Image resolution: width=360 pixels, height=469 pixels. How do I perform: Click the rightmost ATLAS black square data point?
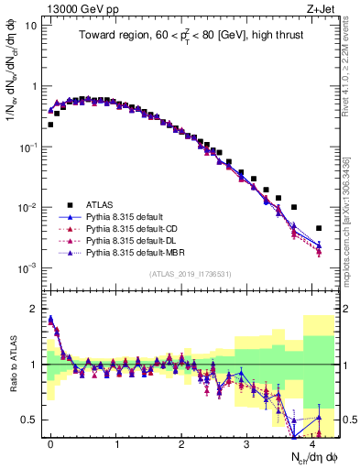319,228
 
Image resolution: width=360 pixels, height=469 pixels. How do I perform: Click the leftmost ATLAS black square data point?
50,125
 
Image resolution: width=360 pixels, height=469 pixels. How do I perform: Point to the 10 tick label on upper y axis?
30,26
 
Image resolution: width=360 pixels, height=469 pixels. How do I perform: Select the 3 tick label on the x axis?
247,442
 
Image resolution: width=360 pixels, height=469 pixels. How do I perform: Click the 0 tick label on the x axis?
50,442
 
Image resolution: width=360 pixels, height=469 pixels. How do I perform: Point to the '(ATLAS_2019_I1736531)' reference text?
183,274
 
